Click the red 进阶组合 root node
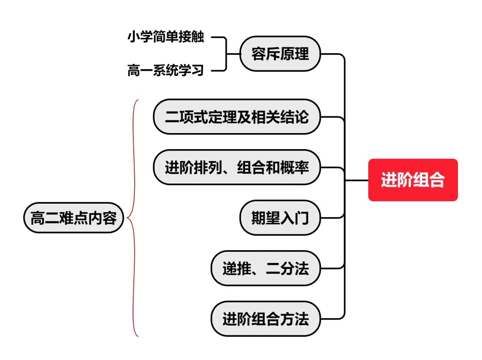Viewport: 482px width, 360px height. click(x=413, y=180)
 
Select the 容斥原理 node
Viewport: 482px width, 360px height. click(x=280, y=54)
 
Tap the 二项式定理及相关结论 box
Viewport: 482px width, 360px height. click(x=237, y=117)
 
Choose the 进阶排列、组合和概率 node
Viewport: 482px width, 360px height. click(x=237, y=167)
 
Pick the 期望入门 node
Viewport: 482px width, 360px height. click(x=280, y=218)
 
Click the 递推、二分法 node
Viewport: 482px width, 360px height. click(x=266, y=268)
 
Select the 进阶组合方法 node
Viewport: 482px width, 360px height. click(x=266, y=319)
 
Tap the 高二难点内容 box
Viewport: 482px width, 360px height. click(x=74, y=218)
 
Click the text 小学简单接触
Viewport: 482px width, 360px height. click(x=166, y=38)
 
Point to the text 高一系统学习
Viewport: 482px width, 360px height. click(x=166, y=71)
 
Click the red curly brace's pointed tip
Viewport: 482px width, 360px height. click(x=128, y=218)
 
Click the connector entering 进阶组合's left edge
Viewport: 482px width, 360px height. click(x=357, y=180)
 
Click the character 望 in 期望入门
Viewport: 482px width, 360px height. click(x=273, y=218)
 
